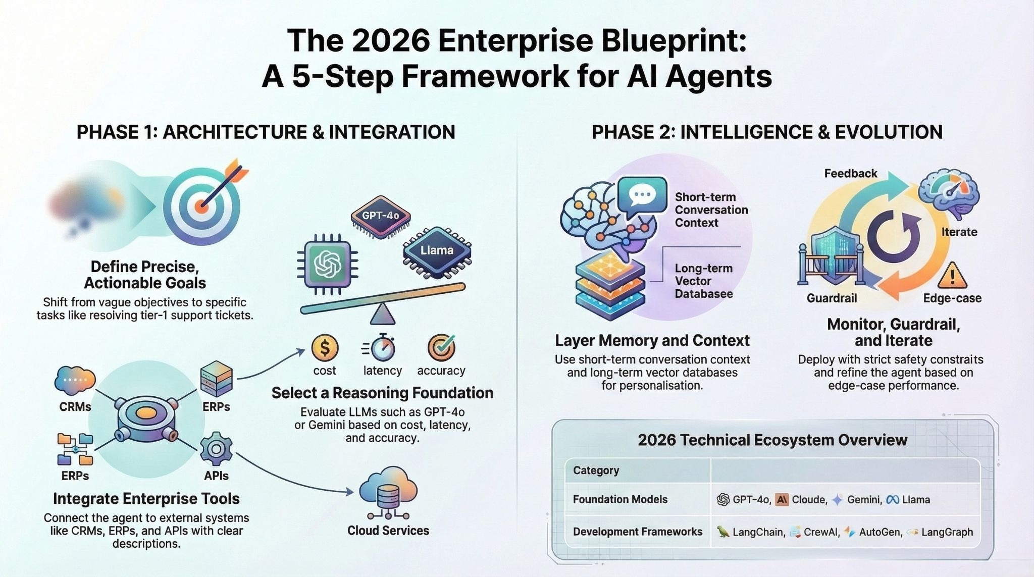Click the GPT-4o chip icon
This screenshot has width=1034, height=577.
[x=380, y=216]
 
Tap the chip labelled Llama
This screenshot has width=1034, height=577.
[x=437, y=251]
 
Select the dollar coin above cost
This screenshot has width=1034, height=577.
[x=325, y=348]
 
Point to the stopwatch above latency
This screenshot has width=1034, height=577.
[x=383, y=347]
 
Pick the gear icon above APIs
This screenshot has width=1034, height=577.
[x=216, y=448]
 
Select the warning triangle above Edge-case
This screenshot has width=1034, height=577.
[x=952, y=276]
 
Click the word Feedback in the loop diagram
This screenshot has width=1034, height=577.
[x=851, y=174]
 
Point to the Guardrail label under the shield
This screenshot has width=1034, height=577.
[x=832, y=298]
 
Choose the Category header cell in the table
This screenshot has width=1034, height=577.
[x=596, y=470]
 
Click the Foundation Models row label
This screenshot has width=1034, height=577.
[x=620, y=499]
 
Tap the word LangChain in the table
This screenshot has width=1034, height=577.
[x=758, y=532]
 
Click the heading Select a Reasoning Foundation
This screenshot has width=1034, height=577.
[x=382, y=393]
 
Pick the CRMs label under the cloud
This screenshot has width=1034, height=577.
[x=75, y=407]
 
